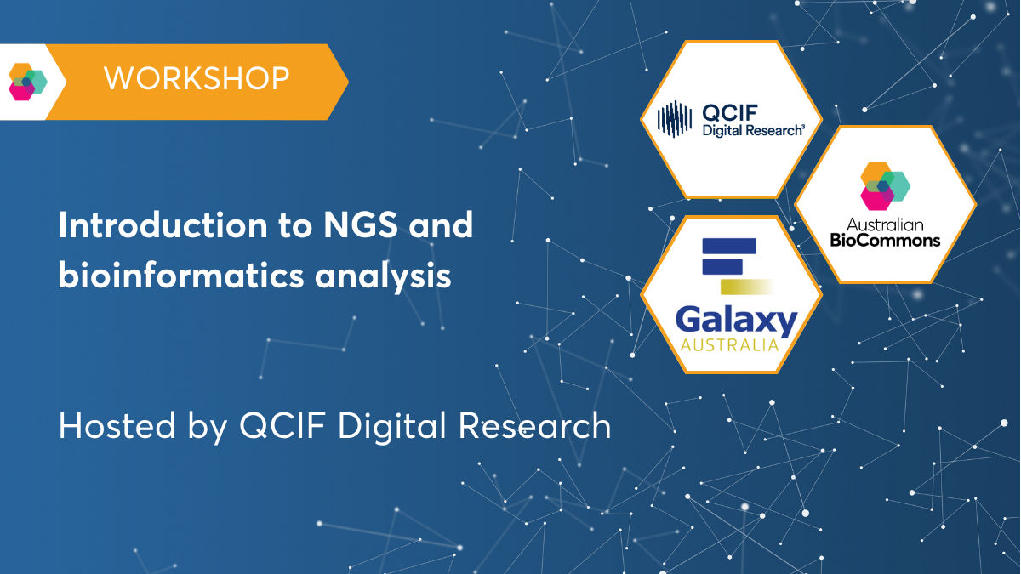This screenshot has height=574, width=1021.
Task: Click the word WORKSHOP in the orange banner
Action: point(197,79)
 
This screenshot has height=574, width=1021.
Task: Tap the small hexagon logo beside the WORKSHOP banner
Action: point(27,82)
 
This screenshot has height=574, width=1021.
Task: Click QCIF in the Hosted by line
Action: point(279,425)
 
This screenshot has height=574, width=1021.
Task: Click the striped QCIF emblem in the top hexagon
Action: point(676,119)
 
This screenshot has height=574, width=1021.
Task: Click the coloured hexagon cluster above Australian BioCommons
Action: point(885,185)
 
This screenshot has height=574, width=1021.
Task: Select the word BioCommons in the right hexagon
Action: point(885,240)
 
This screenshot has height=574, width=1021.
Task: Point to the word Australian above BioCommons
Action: point(885,224)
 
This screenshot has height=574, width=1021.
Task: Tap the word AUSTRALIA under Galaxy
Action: point(729,345)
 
